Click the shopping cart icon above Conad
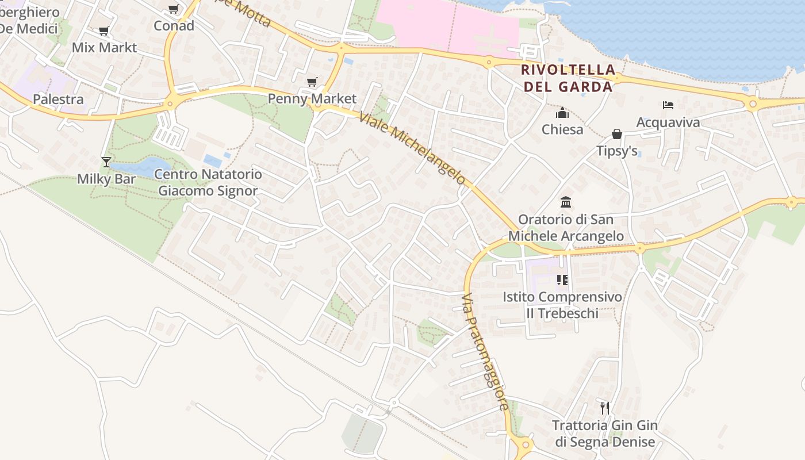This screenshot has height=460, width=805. coord(173,9)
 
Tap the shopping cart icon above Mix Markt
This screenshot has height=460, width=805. coord(103,31)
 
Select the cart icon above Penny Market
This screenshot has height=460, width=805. coord(312,82)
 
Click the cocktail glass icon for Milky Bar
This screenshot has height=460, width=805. coord(106,162)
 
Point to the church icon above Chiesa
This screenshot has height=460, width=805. coord(562,113)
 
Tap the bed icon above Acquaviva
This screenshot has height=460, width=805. coord(668,105)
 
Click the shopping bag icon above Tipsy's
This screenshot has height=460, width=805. coord(617,134)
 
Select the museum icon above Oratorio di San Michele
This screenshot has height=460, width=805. coord(566,202)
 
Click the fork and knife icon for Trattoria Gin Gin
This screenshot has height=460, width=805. coord(604,408)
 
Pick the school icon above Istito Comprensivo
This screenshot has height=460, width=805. coord(562,280)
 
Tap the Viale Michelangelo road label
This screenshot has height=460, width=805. coord(412,148)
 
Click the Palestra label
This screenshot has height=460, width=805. coord(58,99)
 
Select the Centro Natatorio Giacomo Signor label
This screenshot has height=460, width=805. coord(208,182)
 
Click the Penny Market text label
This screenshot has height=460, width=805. coord(312,98)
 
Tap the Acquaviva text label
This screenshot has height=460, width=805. coord(668,122)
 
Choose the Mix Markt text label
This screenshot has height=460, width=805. coord(104,47)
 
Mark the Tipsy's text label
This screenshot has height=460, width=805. coord(617,151)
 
